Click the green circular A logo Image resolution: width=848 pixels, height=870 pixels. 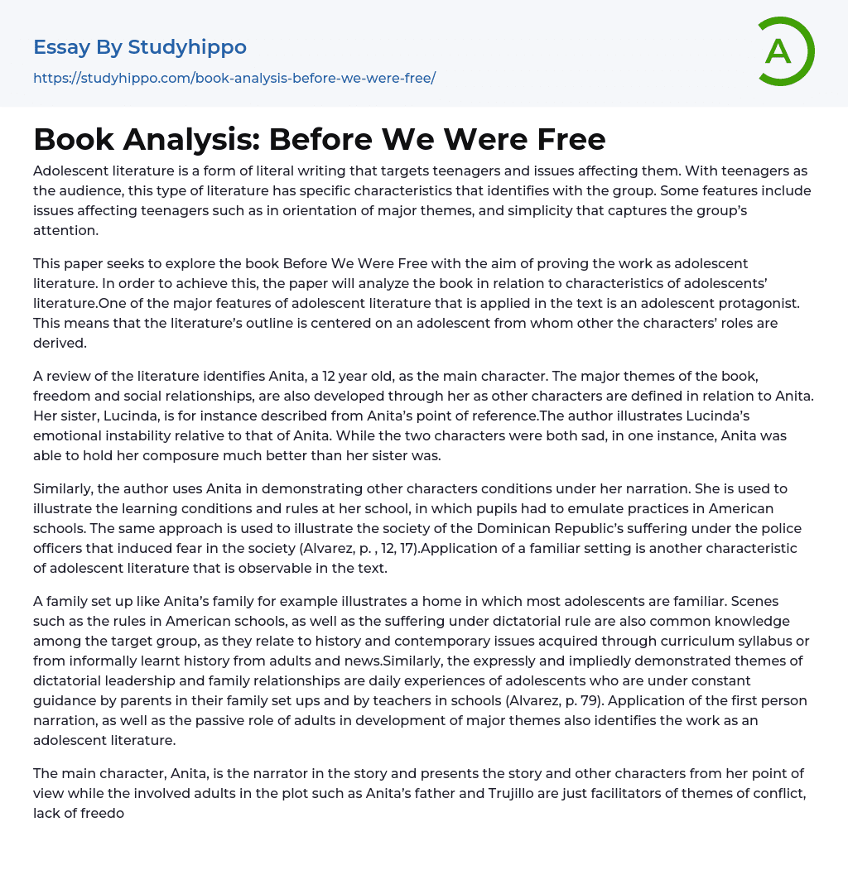[x=782, y=51]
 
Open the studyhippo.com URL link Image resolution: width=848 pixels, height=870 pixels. [x=234, y=78]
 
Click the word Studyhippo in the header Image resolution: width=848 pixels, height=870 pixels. [x=187, y=47]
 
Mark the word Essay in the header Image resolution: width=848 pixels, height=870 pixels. [x=61, y=47]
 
